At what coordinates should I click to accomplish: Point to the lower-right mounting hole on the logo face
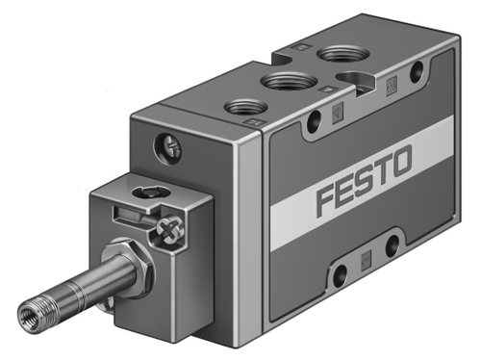(x=393, y=246)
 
